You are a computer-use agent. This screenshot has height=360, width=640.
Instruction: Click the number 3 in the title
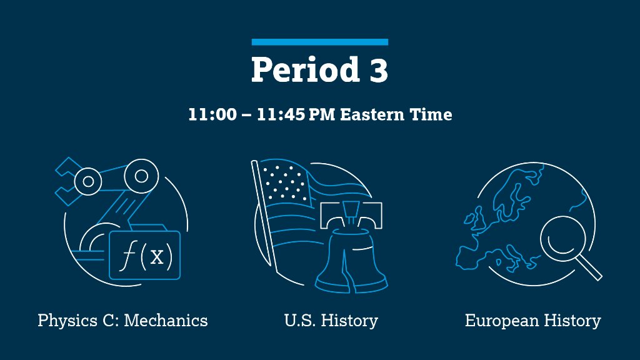point(376,70)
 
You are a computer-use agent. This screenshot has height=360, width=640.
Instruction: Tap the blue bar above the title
point(320,42)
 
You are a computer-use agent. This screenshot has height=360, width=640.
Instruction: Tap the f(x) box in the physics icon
point(144,255)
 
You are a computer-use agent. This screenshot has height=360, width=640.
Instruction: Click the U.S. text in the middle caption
point(298,321)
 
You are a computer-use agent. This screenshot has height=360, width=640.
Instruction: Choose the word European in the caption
point(502,321)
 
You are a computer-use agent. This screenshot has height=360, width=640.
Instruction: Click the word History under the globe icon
point(572,321)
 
